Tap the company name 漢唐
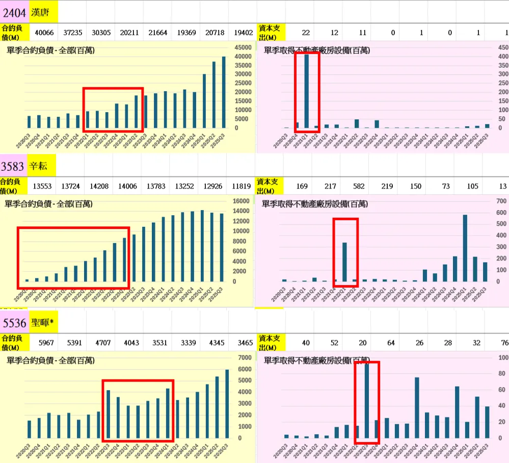pos(40,12)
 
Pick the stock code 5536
pos(14,322)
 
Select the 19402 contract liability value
pos(243,33)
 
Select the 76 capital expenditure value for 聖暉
pos(504,343)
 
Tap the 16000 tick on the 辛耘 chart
pos(242,201)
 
